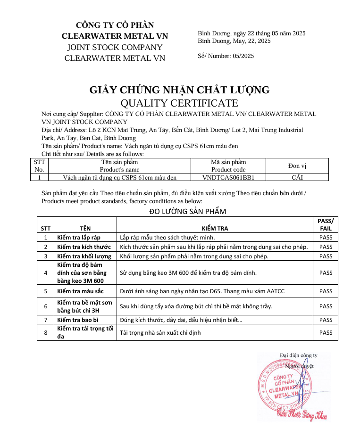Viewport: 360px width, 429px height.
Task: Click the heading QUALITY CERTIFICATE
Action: coord(179,103)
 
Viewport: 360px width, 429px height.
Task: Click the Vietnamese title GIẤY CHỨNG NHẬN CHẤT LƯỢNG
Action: coord(179,90)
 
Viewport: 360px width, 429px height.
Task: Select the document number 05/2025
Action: coord(243,56)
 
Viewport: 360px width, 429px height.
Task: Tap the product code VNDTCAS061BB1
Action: coord(228,178)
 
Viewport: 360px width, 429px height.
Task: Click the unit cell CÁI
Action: coord(297,178)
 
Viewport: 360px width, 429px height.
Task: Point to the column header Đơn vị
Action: coord(297,166)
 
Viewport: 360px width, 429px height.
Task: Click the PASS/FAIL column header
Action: coord(326,224)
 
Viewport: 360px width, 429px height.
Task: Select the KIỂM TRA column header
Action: coord(215,228)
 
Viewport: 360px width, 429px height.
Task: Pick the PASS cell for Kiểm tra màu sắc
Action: coord(326,291)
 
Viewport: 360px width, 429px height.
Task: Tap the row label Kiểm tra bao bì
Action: coord(77,320)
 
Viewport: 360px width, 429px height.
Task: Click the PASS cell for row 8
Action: coord(326,332)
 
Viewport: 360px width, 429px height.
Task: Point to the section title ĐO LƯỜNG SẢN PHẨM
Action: coord(187,211)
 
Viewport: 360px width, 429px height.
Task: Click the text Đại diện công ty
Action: coord(298,355)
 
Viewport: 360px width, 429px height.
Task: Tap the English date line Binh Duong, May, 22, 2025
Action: coord(234,41)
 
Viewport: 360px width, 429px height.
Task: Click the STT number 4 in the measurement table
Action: coord(46,272)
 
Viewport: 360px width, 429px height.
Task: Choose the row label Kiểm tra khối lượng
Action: coord(84,256)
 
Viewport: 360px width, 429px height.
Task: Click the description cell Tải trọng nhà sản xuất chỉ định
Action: coord(160,332)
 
